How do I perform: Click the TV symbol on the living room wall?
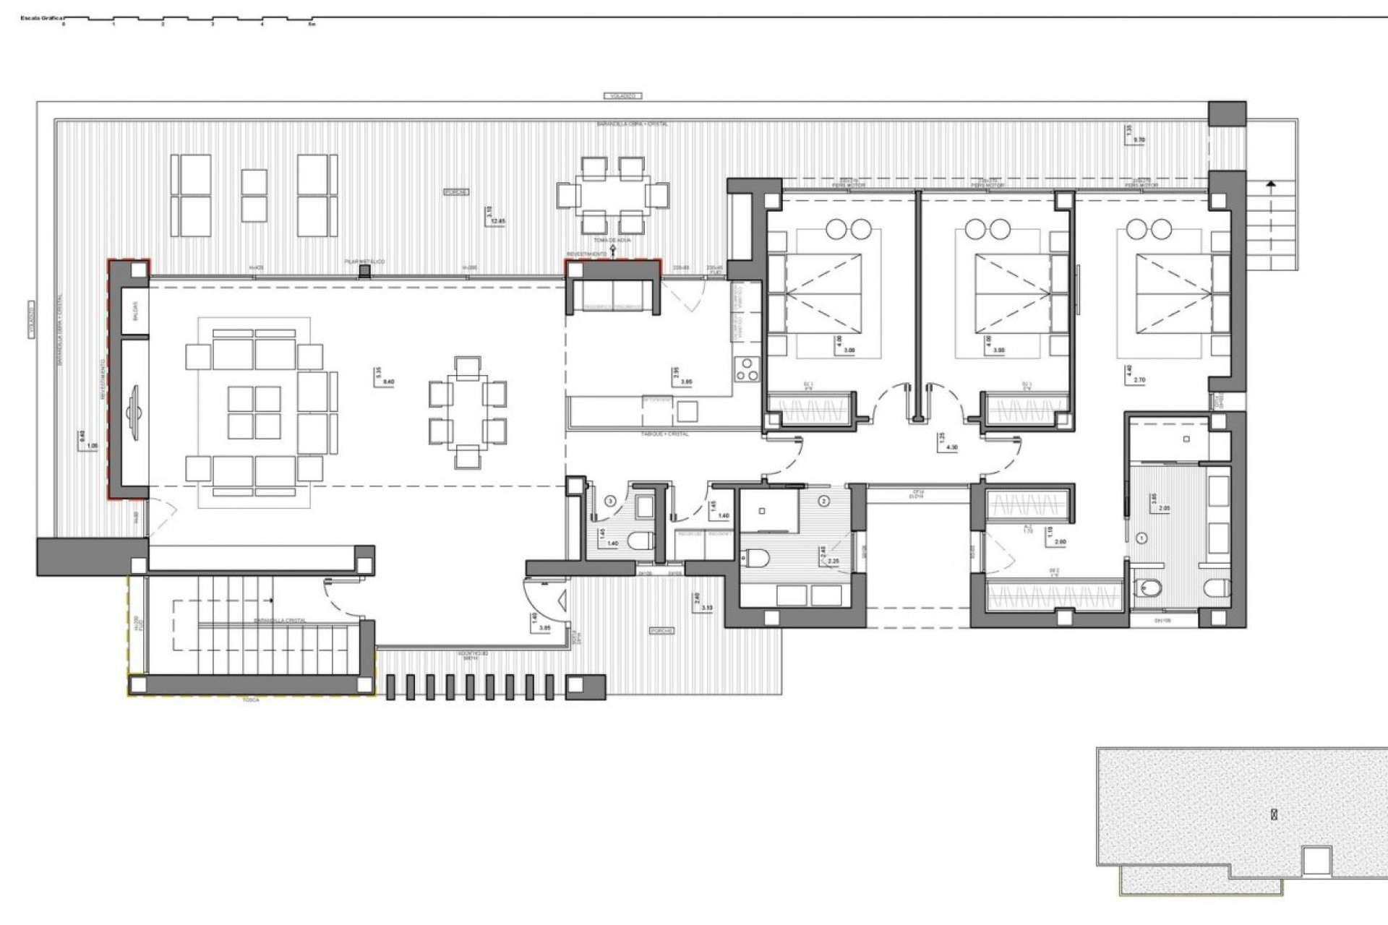tap(134, 413)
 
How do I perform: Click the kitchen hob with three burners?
tap(745, 370)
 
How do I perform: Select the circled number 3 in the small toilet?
tap(610, 500)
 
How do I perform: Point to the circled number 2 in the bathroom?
tap(825, 500)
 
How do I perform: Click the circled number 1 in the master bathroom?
tap(1142, 538)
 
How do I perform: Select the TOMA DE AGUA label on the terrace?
tap(612, 240)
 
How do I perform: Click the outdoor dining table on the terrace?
tap(612, 195)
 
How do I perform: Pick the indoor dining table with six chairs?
tap(468, 413)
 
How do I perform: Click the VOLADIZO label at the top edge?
tap(622, 95)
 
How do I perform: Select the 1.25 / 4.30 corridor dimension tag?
tap(948, 442)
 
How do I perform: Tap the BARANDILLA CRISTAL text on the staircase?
tap(280, 621)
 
